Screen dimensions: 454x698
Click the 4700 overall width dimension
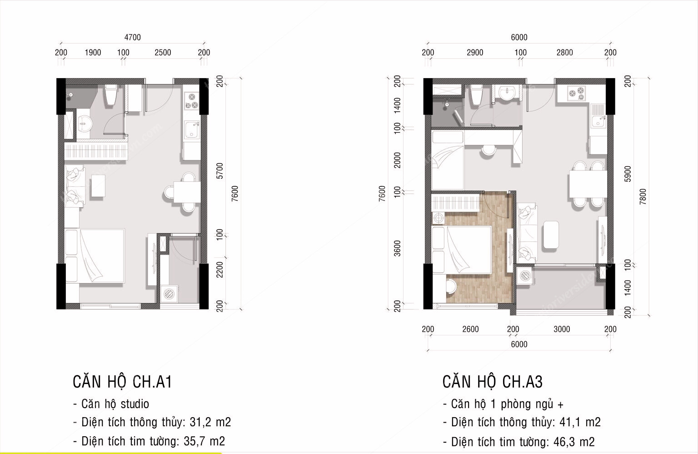[132, 37]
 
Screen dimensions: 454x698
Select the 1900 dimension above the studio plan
[93, 52]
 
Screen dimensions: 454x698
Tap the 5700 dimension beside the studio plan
[220, 171]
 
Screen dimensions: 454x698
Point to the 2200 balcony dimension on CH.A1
[220, 269]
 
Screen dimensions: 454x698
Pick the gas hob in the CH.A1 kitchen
[191, 101]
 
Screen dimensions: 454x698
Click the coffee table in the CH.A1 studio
[98, 186]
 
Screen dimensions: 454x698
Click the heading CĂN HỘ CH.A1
[122, 382]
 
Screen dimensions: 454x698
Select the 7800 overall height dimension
[643, 197]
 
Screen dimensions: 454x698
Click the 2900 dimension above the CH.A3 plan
[475, 52]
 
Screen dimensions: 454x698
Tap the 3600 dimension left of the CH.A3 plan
[398, 249]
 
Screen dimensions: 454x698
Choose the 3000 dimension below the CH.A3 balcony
[562, 329]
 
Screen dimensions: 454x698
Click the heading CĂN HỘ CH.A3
[493, 382]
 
